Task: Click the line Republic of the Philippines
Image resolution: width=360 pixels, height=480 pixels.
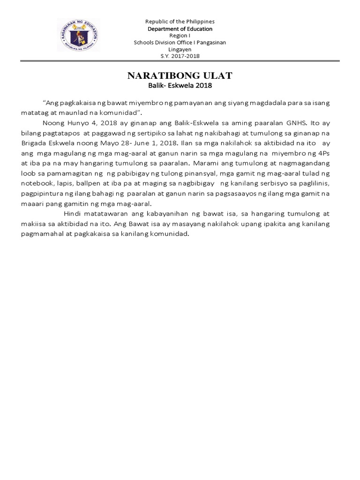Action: (180, 22)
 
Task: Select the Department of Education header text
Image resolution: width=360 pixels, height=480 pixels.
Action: (180, 29)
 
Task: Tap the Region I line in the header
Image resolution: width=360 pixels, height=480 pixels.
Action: (180, 36)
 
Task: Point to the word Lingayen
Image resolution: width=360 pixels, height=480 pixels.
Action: (180, 49)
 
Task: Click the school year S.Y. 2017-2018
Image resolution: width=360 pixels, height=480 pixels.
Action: (180, 56)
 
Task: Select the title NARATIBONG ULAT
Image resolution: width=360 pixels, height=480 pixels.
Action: (180, 76)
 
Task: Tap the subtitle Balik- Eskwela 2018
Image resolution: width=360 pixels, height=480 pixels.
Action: (180, 86)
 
